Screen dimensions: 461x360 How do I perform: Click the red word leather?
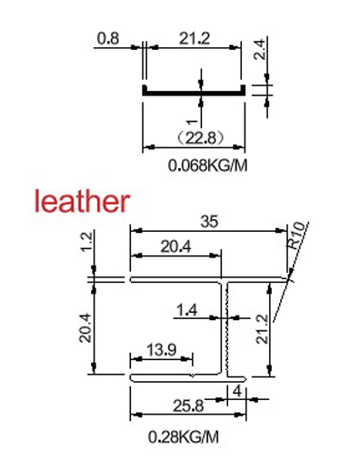tap(82, 200)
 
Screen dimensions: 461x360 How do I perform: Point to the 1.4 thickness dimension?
tap(187, 310)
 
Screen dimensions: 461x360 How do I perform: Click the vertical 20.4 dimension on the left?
tap(85, 326)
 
